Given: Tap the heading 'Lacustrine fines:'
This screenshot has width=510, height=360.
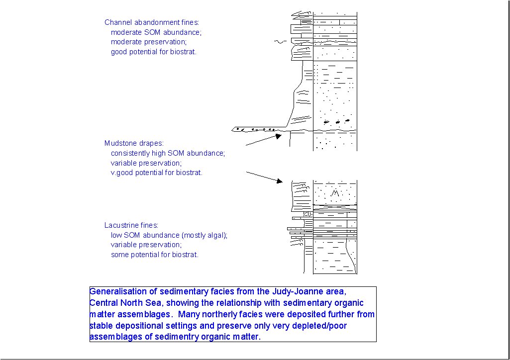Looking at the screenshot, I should (131, 225).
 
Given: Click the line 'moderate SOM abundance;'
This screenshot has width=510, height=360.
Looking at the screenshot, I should (156, 32).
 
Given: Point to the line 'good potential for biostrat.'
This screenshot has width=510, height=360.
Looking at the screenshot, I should (154, 52).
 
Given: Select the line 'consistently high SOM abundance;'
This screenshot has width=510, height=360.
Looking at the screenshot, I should (168, 153).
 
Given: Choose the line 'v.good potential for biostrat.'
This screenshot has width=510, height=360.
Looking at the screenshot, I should (157, 173).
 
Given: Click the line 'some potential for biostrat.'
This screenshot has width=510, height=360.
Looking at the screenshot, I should (155, 255).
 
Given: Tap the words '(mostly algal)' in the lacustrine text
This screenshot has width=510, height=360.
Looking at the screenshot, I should (204, 235).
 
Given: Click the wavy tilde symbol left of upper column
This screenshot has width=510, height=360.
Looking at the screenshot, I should (281, 42).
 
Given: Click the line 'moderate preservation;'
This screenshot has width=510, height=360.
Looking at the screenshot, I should (149, 42).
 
